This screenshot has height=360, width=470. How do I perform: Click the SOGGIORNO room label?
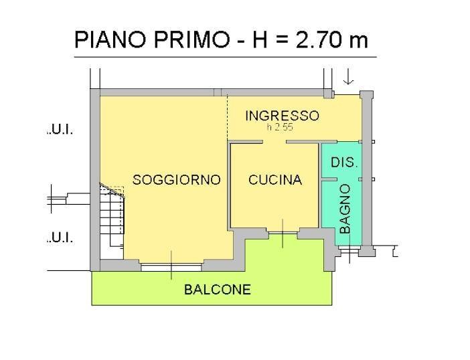177,179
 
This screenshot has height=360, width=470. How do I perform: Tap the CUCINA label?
275,179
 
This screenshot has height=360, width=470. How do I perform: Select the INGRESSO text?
282,115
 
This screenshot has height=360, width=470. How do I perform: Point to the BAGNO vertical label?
345,209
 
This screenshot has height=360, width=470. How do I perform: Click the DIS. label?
345,162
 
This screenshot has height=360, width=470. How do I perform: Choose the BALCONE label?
218,290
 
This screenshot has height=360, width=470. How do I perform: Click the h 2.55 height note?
279,127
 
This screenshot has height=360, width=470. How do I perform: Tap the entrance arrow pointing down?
347,78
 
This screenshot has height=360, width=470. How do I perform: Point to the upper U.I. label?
60,130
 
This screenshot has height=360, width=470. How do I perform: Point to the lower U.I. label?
60,238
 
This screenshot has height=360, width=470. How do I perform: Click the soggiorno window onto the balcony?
171,266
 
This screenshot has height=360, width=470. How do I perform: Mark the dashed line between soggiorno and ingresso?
227,117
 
